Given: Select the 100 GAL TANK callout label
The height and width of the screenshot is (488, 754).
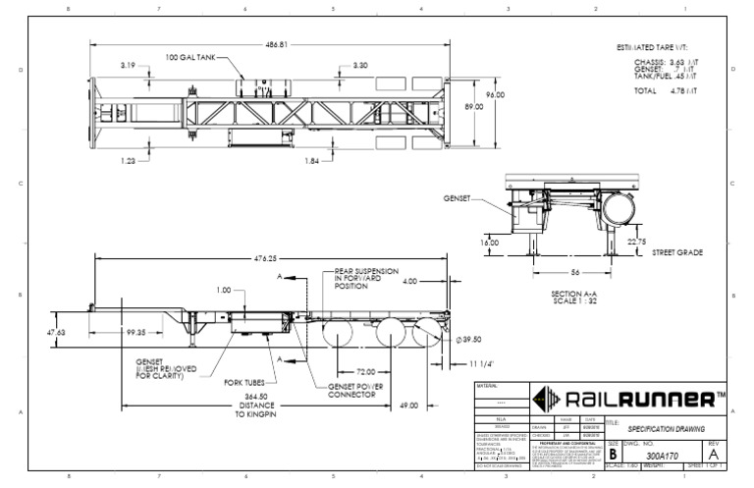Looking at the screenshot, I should click(191, 56).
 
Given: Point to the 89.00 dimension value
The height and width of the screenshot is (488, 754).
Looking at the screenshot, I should click(475, 108).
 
